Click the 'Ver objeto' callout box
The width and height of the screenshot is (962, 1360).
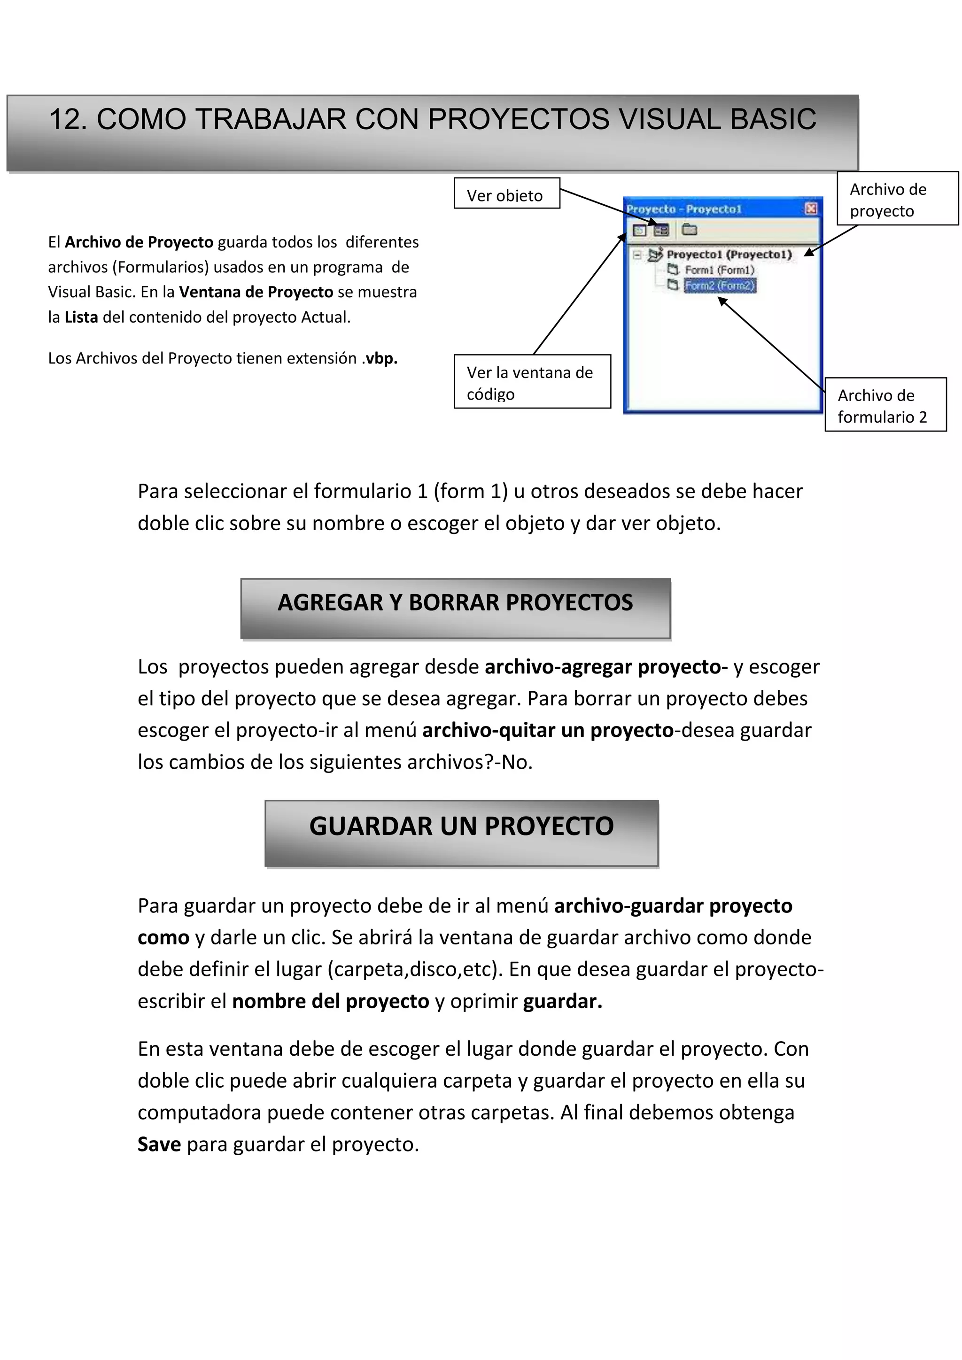(x=506, y=193)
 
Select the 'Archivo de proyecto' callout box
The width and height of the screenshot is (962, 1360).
(x=897, y=199)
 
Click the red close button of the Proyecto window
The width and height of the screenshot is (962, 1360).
(x=811, y=209)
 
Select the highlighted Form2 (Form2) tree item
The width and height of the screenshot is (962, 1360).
(x=720, y=286)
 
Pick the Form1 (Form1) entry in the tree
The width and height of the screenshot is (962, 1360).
(x=719, y=270)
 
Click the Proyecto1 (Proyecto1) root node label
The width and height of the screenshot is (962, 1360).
(x=729, y=255)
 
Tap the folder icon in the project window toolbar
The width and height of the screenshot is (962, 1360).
(x=689, y=229)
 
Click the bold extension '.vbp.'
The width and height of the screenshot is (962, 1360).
(x=380, y=358)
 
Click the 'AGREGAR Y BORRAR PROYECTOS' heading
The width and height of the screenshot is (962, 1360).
(x=455, y=603)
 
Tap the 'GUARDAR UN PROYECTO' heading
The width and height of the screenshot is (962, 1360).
(x=461, y=827)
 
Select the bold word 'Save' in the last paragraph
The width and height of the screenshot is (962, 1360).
(x=159, y=1144)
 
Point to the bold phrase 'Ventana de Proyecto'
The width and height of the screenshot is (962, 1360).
(x=256, y=292)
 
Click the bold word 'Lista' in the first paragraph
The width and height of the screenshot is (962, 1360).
(x=81, y=317)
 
